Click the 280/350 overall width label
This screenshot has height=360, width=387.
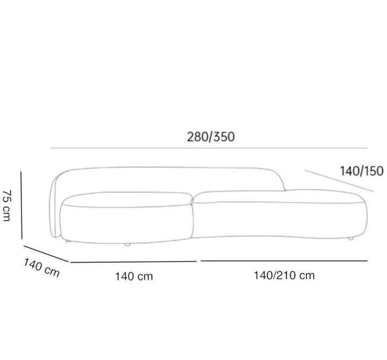click(211, 137)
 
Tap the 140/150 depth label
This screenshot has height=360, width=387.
click(362, 171)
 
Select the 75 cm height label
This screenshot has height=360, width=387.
click(6, 206)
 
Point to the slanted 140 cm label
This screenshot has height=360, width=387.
click(41, 268)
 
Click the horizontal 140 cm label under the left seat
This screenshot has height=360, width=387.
click(134, 276)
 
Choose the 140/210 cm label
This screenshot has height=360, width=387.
click(284, 276)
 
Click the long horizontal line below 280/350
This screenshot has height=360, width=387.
click(209, 148)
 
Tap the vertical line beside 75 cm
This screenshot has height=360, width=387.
click(21, 205)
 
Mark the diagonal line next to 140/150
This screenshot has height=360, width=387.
click(339, 181)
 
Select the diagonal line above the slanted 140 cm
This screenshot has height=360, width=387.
click(46, 254)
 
